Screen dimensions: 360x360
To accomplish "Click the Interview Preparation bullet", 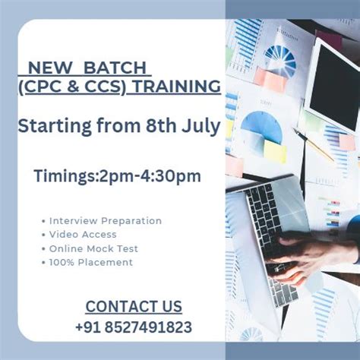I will pos(106,221).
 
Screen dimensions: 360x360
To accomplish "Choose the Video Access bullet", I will pos(84,235).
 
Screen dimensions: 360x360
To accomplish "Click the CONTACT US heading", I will pos(134,307).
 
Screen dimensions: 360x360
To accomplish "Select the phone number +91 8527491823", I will pos(134,327).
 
